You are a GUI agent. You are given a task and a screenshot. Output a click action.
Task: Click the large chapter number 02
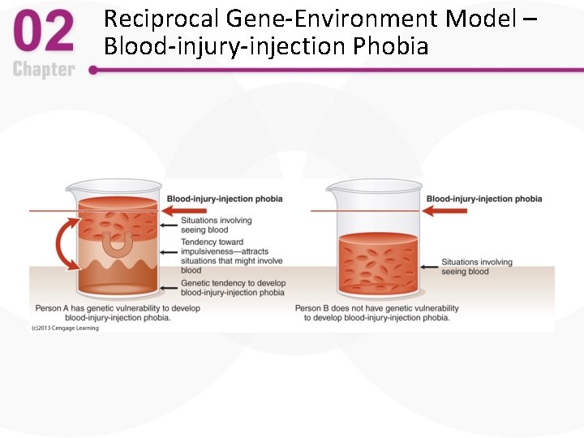pos(44,34)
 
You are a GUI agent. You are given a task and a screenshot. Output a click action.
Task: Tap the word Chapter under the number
pos(44,70)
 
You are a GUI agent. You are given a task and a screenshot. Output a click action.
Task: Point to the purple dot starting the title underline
pos(93,71)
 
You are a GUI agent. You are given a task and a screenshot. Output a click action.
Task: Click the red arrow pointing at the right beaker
pos(444,211)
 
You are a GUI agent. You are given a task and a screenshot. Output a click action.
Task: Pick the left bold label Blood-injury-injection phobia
pos(225,199)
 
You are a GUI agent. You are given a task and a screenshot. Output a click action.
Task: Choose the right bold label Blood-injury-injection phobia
pos(484,199)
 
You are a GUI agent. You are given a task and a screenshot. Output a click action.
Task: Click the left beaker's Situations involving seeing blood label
pos(216,225)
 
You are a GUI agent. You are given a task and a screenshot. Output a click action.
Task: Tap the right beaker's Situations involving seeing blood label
pos(477,267)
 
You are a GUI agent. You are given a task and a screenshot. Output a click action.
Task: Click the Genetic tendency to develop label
pos(233,288)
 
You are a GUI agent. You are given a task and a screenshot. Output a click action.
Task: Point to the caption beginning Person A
pos(117,313)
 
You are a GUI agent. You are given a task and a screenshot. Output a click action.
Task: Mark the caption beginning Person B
pos(377,313)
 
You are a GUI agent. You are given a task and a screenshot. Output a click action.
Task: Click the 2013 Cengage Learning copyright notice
pos(65,328)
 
